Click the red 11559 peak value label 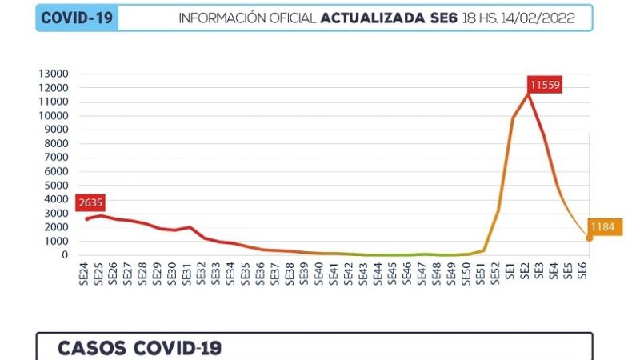[546, 84]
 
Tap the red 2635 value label [90, 202]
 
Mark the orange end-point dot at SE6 [590, 238]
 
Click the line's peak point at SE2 [528, 94]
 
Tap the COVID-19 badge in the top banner [77, 18]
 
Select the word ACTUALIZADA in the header [367, 18]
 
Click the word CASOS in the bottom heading [94, 348]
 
